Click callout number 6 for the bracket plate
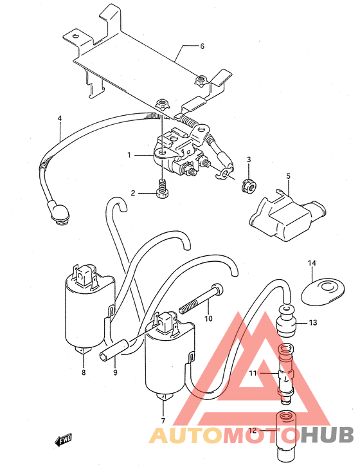[x=202, y=46]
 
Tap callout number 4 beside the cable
[x=60, y=118]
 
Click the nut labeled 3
[x=249, y=186]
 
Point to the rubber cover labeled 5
[x=287, y=214]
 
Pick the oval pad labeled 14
[x=322, y=291]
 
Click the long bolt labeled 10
[x=201, y=299]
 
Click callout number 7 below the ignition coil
[x=163, y=421]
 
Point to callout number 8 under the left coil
[x=84, y=372]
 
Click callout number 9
[x=115, y=372]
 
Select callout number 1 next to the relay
[x=129, y=156]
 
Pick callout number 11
[x=253, y=373]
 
